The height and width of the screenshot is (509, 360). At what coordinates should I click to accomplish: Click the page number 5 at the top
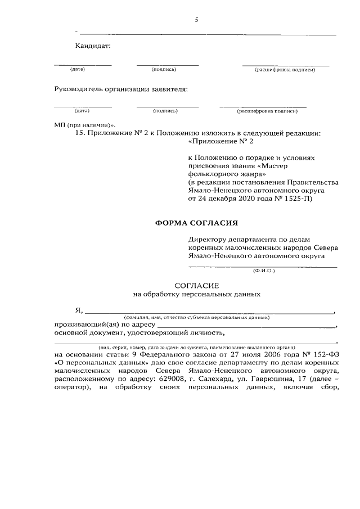[196, 20]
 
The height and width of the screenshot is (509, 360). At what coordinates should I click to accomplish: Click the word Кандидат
[93, 46]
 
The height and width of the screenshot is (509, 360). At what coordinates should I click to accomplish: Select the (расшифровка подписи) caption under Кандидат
[285, 70]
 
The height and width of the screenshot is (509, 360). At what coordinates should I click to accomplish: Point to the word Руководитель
[79, 89]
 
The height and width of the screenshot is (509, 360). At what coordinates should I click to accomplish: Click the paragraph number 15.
[80, 134]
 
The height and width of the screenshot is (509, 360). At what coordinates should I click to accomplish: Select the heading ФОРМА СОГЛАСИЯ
[193, 223]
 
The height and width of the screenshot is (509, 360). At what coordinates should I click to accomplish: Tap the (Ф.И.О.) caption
[263, 271]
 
